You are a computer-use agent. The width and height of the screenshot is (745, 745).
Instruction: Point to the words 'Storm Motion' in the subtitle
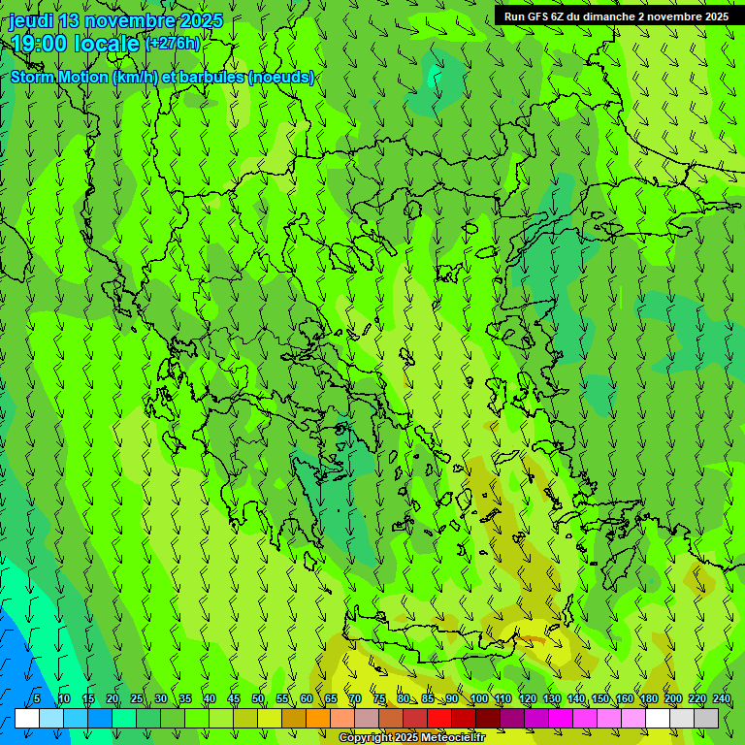click(x=58, y=77)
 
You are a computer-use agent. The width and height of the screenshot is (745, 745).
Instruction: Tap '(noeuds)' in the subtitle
click(x=280, y=77)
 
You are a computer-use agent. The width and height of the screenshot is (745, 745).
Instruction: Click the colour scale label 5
click(x=36, y=698)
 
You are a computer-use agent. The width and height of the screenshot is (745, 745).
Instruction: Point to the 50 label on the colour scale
click(x=257, y=698)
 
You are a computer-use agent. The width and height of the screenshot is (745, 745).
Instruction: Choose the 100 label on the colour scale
click(x=478, y=698)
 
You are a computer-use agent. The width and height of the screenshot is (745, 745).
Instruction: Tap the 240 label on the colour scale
click(x=721, y=698)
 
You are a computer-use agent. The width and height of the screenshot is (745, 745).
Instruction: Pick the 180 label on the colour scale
click(x=648, y=698)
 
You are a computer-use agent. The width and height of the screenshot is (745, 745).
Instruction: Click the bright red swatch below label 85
click(x=439, y=719)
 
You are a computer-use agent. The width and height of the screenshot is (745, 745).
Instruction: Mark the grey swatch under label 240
click(x=706, y=719)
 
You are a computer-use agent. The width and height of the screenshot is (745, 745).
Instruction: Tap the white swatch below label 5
click(x=27, y=719)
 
